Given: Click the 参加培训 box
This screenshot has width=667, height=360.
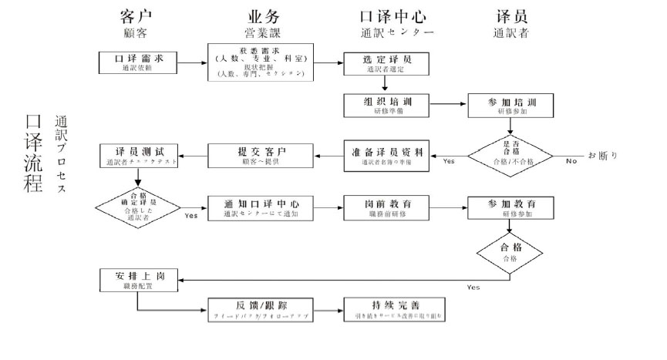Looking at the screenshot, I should click(510, 106).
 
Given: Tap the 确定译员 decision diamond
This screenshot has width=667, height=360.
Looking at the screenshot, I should click(137, 205).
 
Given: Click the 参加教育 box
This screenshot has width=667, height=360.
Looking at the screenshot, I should click(510, 207).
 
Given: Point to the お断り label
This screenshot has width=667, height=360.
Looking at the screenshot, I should click(603, 155).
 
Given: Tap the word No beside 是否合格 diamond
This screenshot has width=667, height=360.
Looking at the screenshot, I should click(571, 161).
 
